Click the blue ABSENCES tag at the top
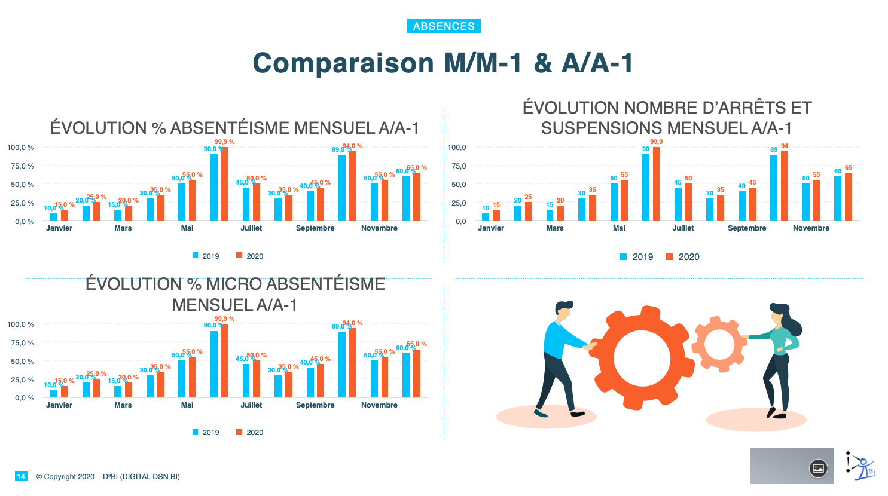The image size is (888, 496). click(x=444, y=26)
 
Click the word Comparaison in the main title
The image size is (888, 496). click(x=343, y=63)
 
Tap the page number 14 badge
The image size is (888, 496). click(x=21, y=476)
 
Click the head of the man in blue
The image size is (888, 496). click(x=564, y=311)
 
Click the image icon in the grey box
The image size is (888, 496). click(x=818, y=469)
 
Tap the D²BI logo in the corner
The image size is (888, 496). click(x=860, y=466)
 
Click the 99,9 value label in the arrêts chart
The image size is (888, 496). click(x=656, y=142)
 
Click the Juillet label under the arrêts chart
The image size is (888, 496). click(x=683, y=228)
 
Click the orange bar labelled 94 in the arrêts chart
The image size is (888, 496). click(x=785, y=186)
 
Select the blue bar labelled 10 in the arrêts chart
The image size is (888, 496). click(x=486, y=217)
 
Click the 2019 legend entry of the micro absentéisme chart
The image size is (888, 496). click(x=206, y=433)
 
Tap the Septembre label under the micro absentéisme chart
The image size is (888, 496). click(x=315, y=405)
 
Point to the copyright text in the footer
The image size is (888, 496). click(x=108, y=477)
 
